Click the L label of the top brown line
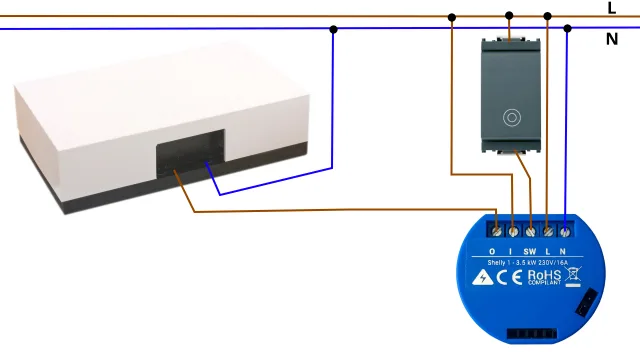click(612, 8)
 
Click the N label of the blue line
click(612, 40)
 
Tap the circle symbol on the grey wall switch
click(511, 116)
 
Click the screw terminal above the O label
click(496, 228)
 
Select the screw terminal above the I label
click(513, 228)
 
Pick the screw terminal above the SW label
click(530, 228)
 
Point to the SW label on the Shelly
click(530, 250)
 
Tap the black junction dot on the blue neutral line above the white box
click(334, 29)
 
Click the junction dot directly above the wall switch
click(509, 16)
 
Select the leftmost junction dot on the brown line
click(452, 16)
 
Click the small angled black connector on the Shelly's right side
click(584, 300)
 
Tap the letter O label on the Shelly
click(492, 250)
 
